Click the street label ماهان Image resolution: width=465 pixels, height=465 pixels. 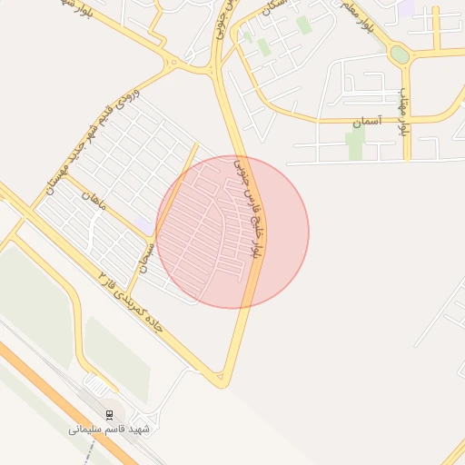94,200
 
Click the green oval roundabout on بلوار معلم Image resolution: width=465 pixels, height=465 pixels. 399,54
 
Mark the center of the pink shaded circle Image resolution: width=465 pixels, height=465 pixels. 232,232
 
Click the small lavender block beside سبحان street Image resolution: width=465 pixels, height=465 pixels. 144,225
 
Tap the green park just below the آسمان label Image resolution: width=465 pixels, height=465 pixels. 355,143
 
